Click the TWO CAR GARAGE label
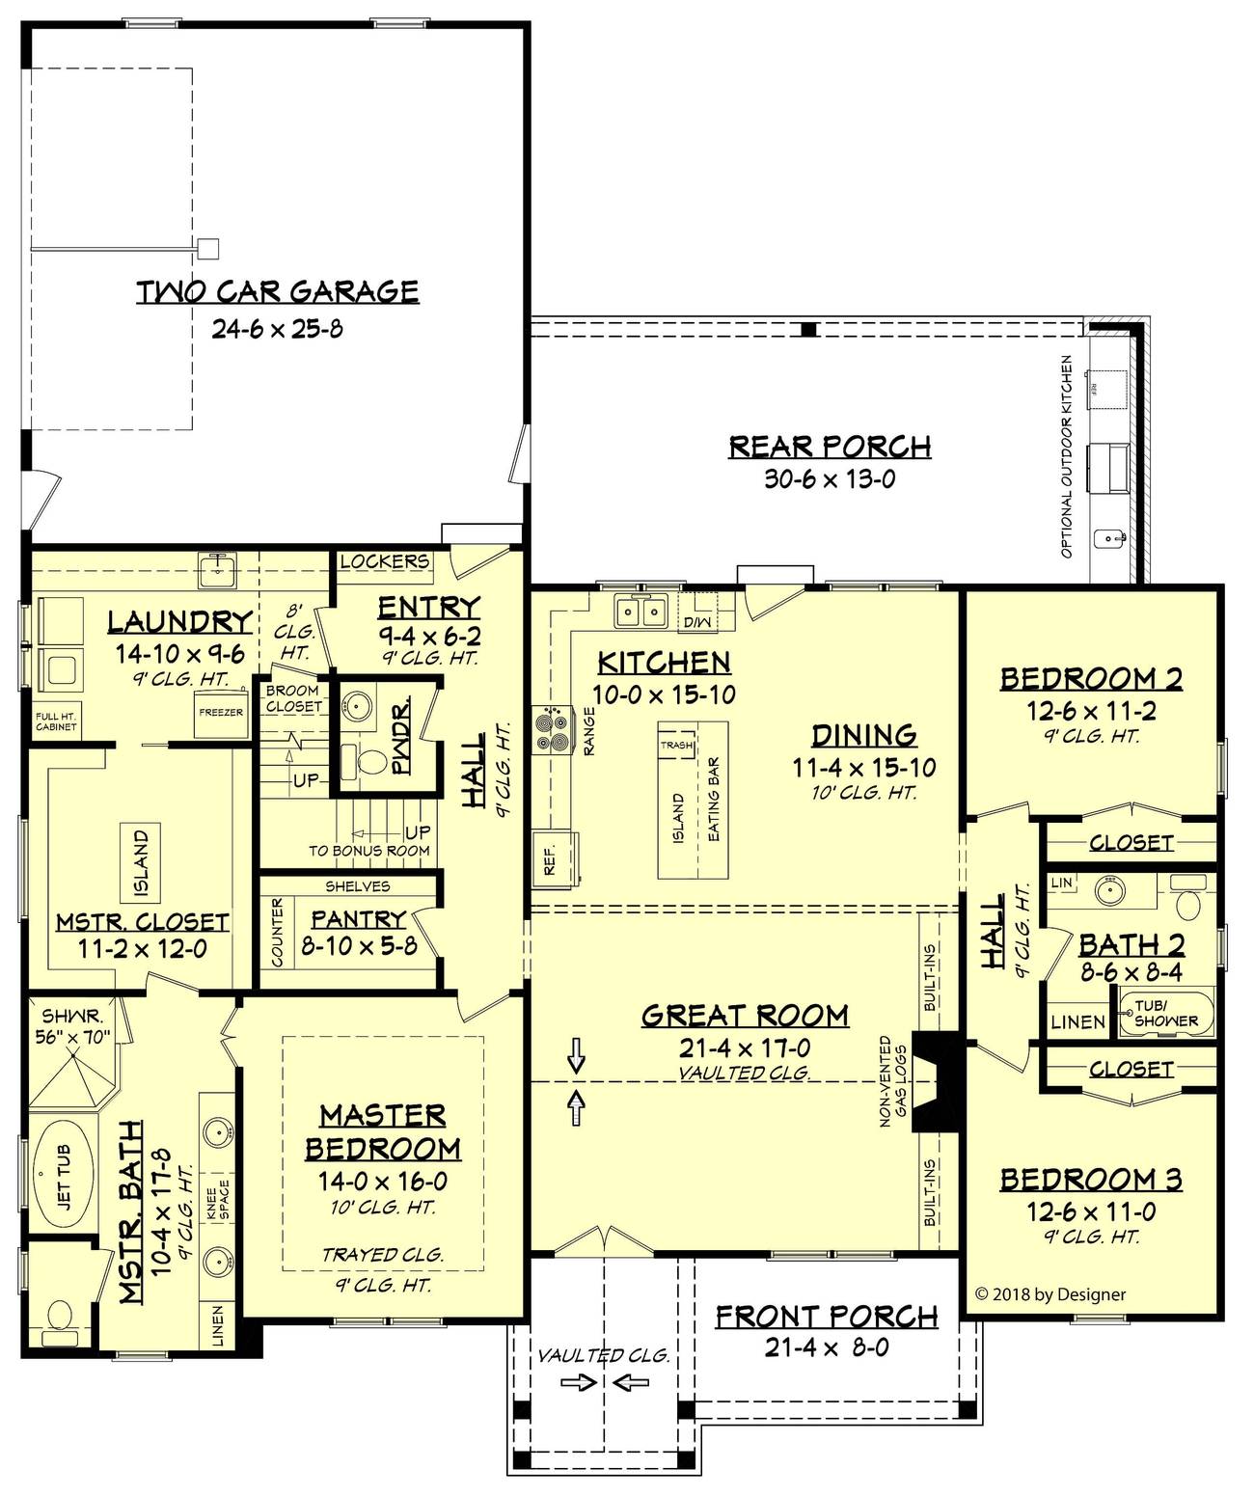click(x=277, y=291)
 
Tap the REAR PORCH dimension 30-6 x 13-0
click(x=830, y=478)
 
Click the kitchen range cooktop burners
click(x=554, y=728)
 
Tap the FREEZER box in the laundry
click(x=221, y=714)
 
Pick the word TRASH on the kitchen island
click(x=676, y=746)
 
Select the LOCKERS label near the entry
click(x=384, y=561)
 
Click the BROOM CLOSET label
click(x=292, y=699)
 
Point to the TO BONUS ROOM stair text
click(x=368, y=851)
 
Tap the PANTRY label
click(x=358, y=919)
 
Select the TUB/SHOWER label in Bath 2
click(x=1165, y=1014)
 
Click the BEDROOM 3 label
click(x=1090, y=1180)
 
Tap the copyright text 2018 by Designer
click(x=1050, y=1295)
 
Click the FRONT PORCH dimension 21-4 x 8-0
click(x=827, y=1347)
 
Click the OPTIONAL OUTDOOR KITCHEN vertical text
click(x=1067, y=456)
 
